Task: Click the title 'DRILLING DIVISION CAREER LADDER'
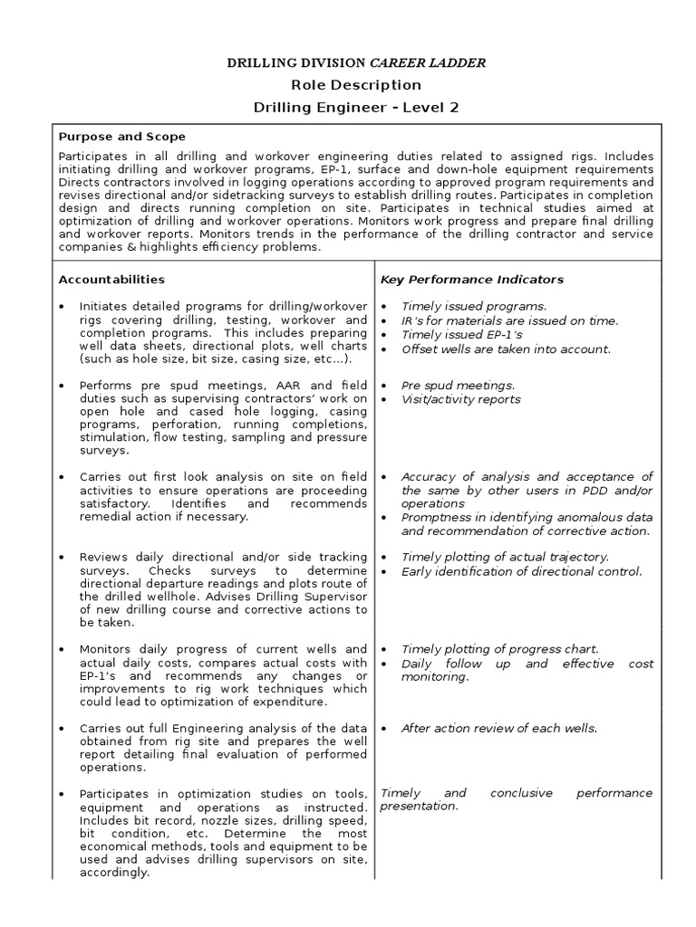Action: (355, 62)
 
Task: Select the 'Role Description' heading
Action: (355, 85)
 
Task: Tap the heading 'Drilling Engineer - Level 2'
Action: (355, 108)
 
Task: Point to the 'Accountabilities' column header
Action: (111, 280)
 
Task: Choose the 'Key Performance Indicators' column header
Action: (471, 280)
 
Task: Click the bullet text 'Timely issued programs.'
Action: (473, 306)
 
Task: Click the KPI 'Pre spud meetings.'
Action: (458, 385)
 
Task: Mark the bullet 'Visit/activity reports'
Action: (460, 399)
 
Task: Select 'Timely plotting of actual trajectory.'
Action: (505, 557)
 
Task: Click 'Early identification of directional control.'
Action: (521, 571)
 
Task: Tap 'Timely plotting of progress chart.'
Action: (499, 649)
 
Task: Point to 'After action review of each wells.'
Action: (499, 728)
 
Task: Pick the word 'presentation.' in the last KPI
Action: (419, 806)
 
